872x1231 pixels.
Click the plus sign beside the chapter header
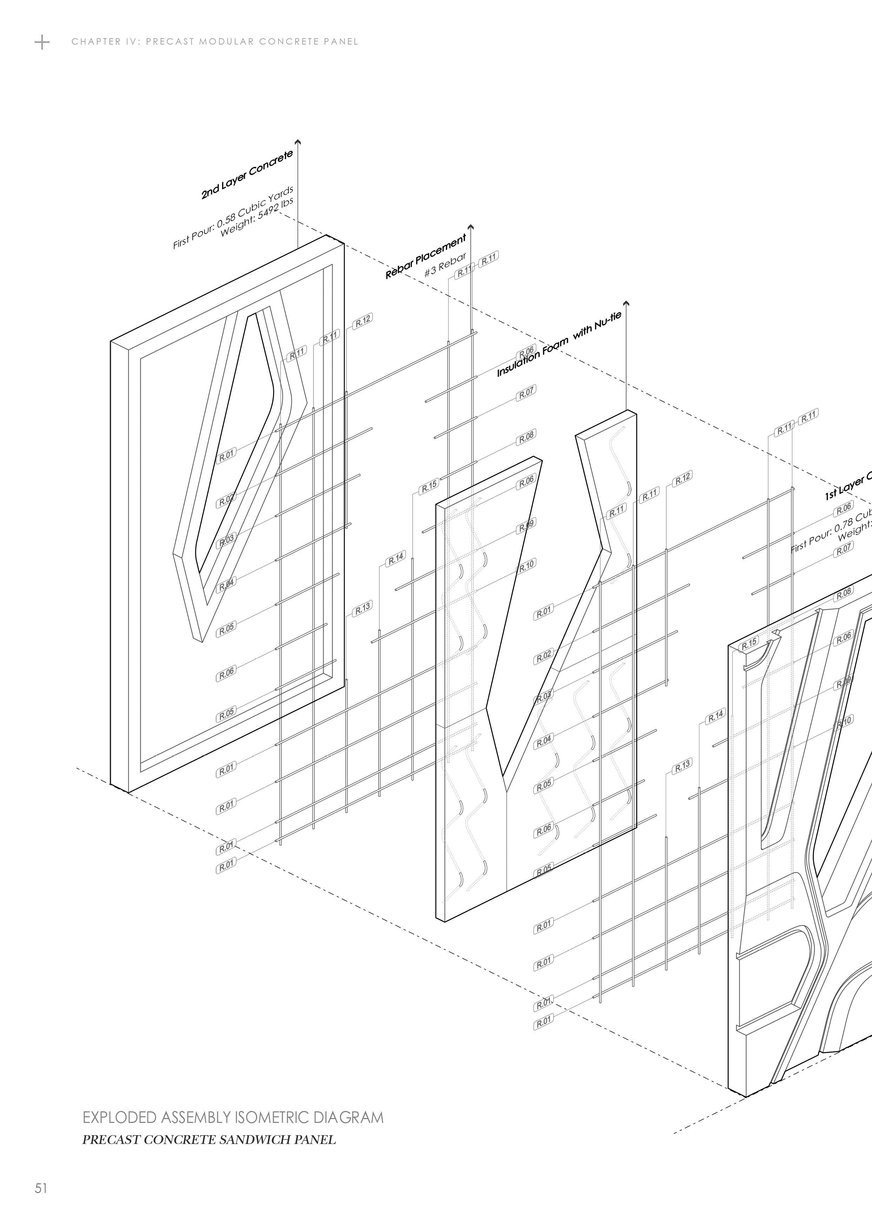(42, 42)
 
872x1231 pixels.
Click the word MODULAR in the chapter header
(227, 42)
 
